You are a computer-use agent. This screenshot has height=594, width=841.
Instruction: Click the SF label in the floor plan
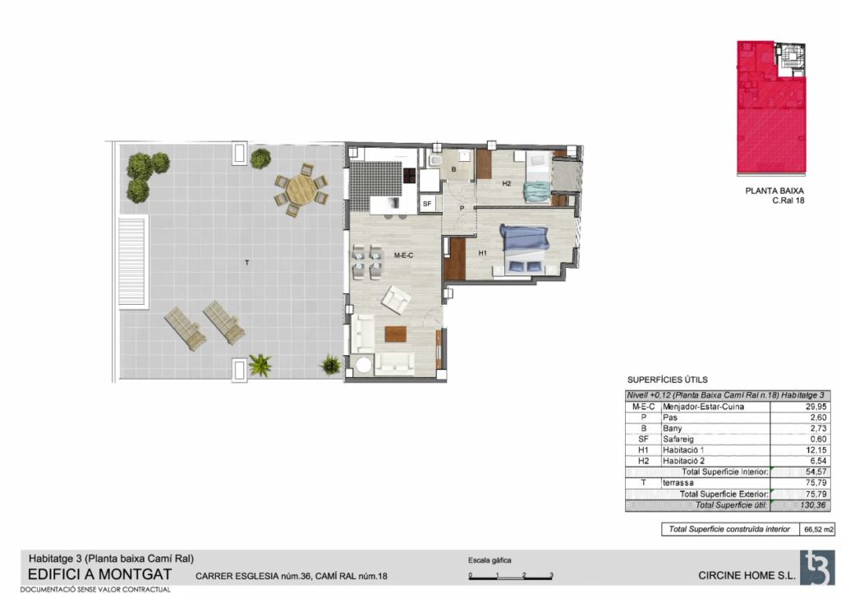tap(427, 204)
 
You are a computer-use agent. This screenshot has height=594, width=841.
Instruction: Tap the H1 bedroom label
tap(483, 253)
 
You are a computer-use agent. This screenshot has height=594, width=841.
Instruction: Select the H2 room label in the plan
tap(506, 183)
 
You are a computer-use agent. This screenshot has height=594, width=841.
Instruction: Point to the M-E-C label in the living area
tap(403, 256)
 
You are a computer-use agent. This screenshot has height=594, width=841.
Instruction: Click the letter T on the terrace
tap(246, 262)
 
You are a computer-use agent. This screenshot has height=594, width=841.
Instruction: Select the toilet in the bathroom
tap(435, 160)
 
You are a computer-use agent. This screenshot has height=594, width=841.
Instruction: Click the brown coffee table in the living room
tap(395, 334)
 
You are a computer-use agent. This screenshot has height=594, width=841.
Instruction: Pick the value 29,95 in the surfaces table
tap(816, 407)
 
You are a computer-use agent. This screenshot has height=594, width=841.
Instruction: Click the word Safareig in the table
tap(678, 439)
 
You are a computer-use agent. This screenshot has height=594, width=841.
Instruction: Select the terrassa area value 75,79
tap(816, 482)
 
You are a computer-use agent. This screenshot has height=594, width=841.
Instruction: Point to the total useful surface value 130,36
tap(813, 505)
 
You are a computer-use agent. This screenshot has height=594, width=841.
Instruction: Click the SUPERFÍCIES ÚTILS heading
tap(667, 380)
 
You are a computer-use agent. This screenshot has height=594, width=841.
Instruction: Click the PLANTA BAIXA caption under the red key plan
tap(774, 191)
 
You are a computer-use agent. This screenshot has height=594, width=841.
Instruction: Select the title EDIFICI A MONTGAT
tap(99, 574)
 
